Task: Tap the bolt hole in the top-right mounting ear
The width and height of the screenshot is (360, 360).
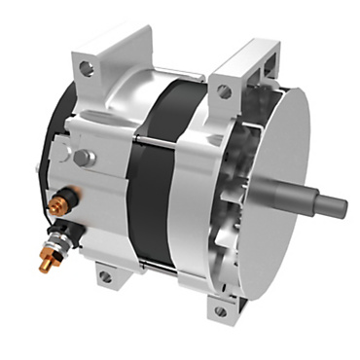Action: [x=225, y=91]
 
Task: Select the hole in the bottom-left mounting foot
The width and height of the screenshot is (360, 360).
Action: [x=105, y=276]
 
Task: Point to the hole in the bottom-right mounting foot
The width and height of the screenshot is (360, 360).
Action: [x=220, y=311]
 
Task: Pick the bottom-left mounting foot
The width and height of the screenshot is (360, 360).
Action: [x=107, y=274]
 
